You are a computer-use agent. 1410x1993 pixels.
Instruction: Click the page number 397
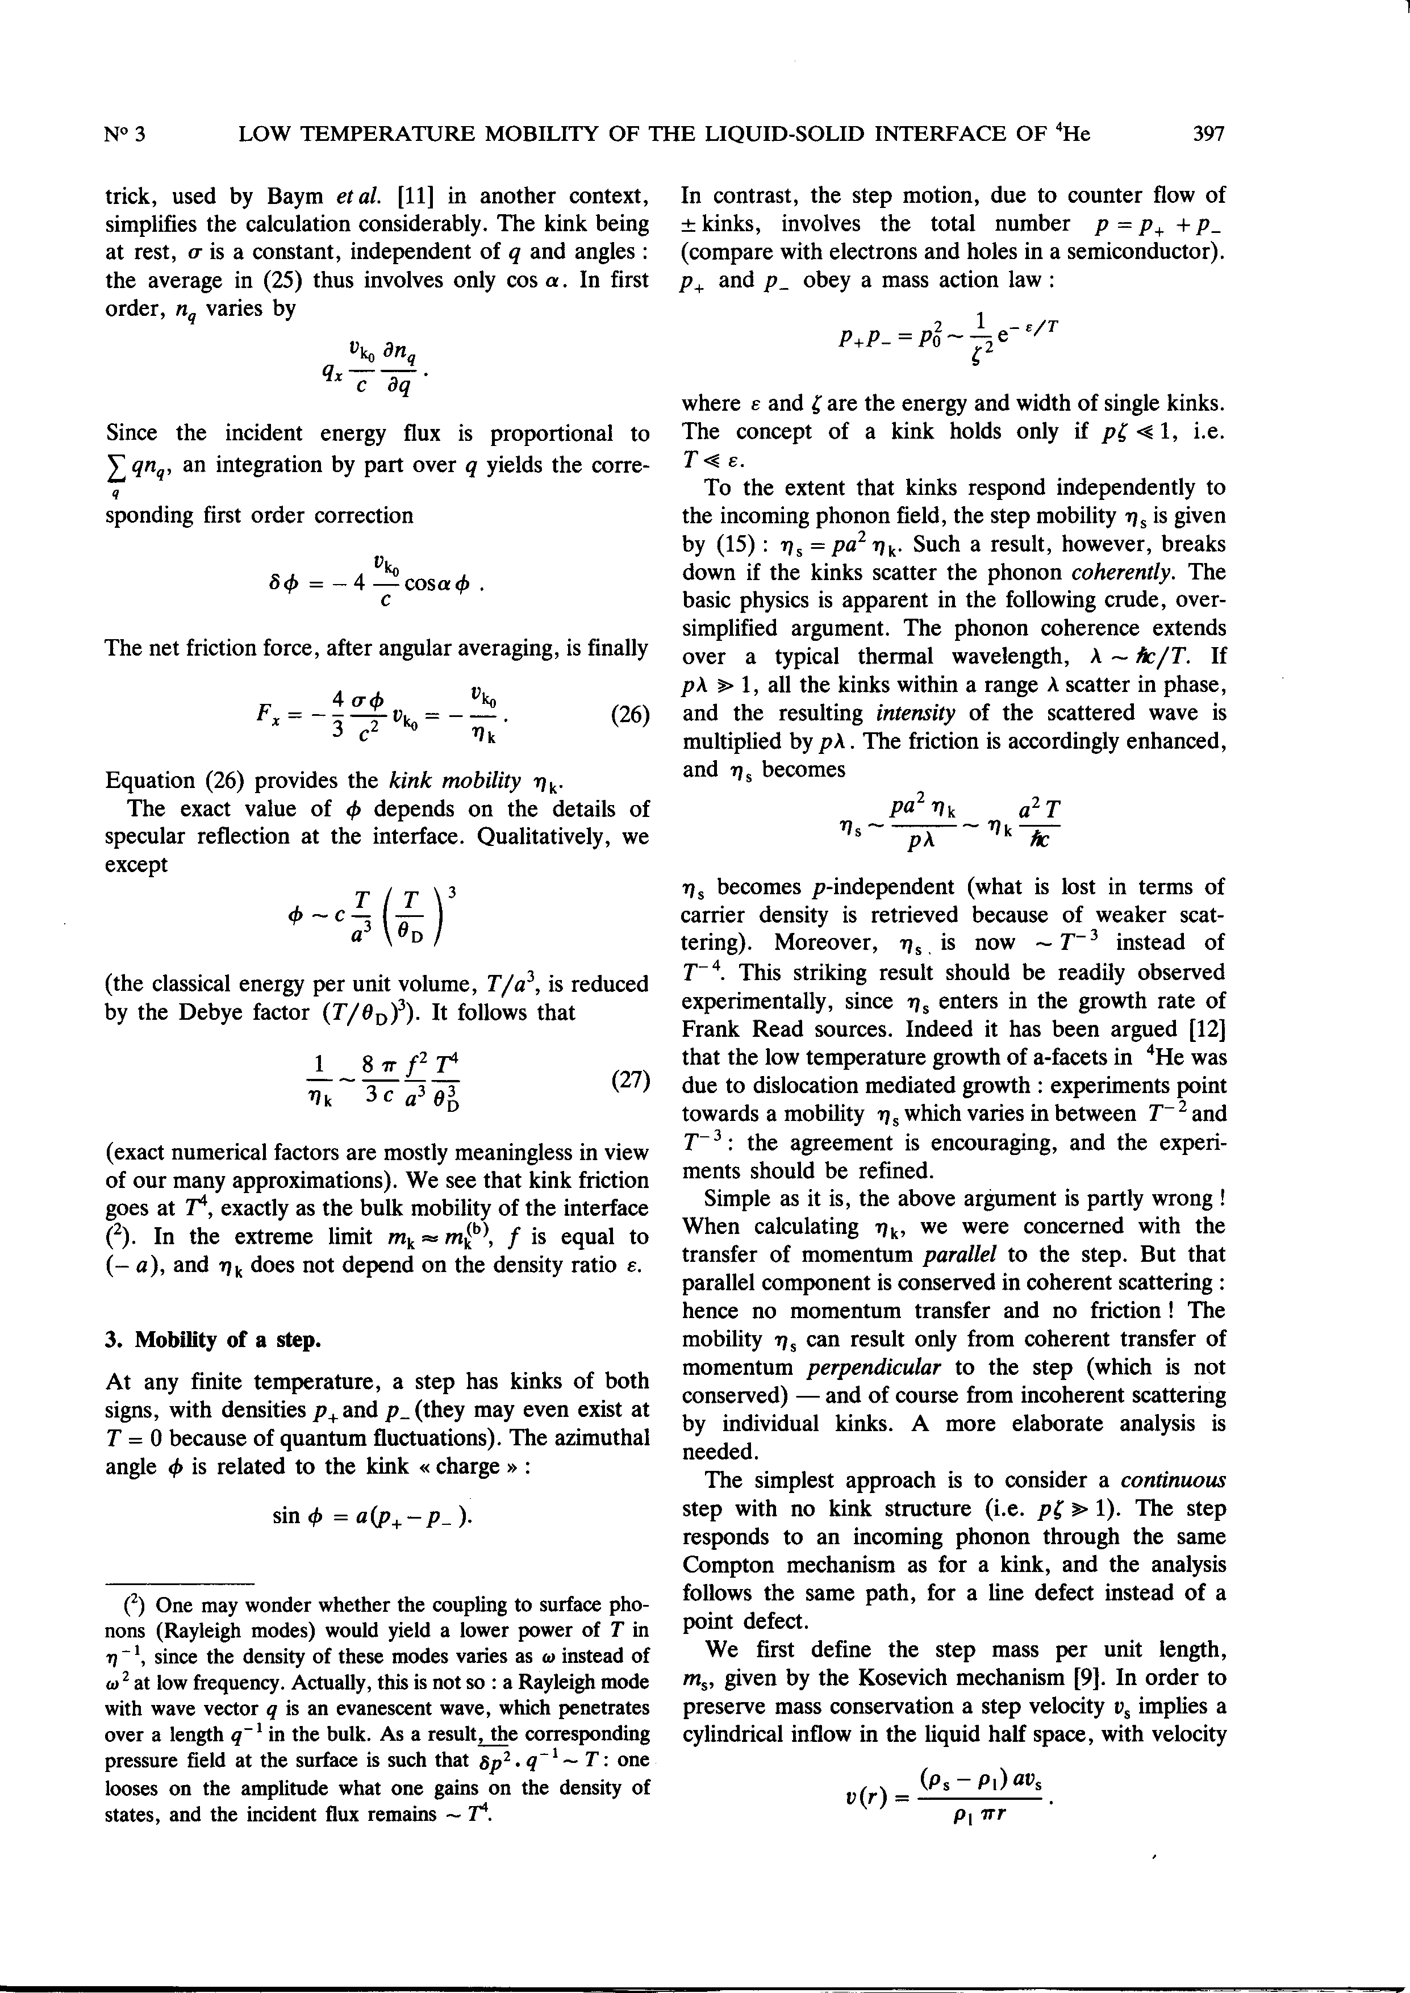[x=1208, y=134]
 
